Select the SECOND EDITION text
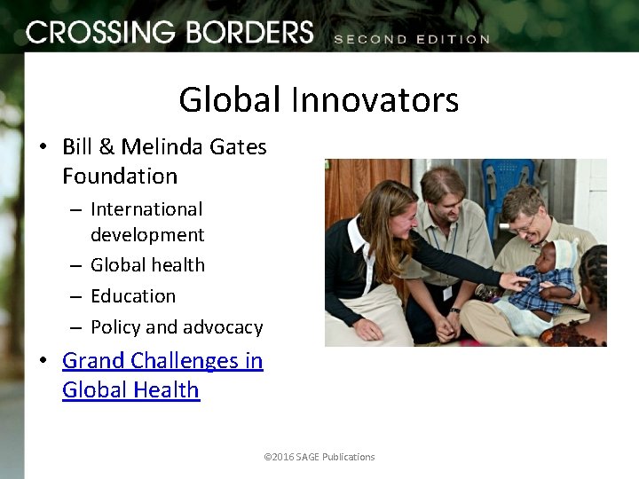[411, 39]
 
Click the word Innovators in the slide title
[375, 99]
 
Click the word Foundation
[120, 176]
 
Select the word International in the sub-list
[146, 209]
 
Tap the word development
[147, 235]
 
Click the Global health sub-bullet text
[147, 265]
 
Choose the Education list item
[133, 296]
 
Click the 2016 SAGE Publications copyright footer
[319, 457]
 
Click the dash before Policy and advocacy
[76, 327]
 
